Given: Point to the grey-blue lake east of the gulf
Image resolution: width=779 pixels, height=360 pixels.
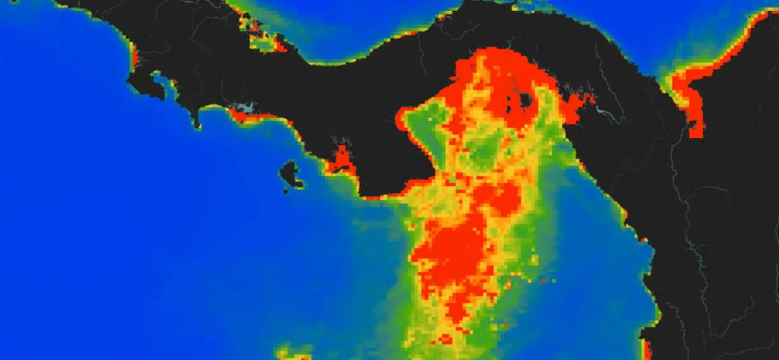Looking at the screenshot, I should click(603, 108).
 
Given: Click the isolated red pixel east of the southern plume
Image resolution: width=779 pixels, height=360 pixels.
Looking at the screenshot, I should click(543, 280).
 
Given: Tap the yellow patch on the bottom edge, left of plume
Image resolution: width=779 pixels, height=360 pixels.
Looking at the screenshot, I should click(292, 351).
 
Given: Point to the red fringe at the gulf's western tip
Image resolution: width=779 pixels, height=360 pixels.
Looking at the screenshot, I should click(401, 117).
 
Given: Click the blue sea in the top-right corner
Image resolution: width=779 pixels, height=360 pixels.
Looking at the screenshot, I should click(728, 17).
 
